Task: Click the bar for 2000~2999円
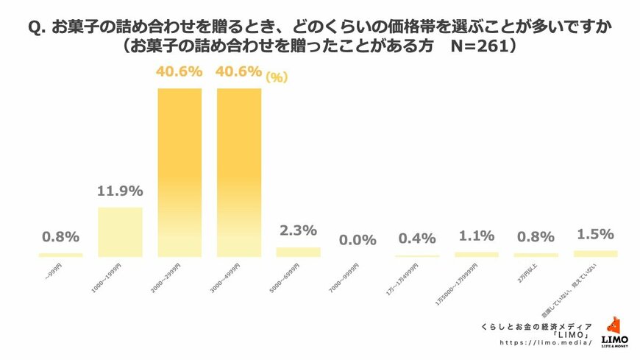(179, 172)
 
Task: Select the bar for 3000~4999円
(239, 172)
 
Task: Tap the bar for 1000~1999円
(120, 232)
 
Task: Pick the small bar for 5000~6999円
(298, 252)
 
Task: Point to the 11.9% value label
(119, 194)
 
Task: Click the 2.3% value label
(298, 231)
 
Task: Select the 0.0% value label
(358, 240)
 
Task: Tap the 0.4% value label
(417, 239)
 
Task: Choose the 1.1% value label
(477, 237)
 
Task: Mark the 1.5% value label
(595, 234)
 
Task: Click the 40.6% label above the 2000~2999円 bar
(179, 73)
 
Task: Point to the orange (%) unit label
(277, 76)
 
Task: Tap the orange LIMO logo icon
(614, 325)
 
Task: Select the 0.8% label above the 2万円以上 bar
(536, 237)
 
